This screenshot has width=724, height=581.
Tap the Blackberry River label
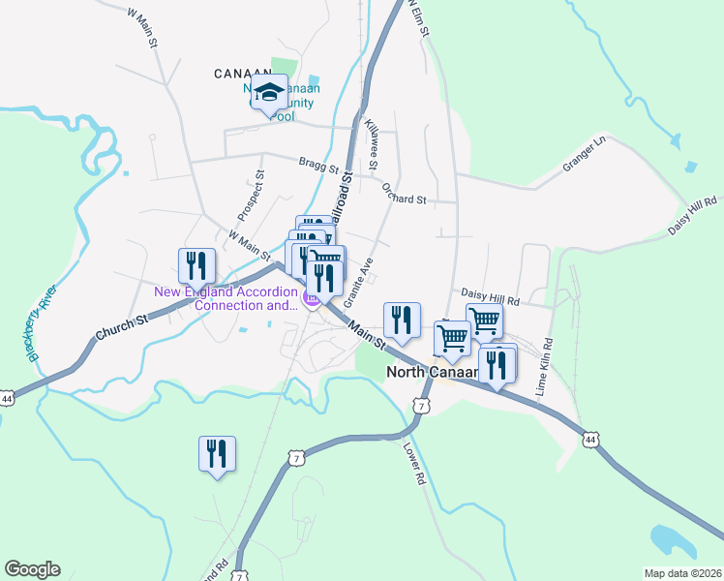pos(44,323)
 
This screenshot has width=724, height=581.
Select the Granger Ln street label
pos(585,155)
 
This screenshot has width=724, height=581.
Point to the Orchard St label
pos(404,193)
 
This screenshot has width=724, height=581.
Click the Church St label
pos(121,326)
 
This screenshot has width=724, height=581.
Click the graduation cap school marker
pos(269,93)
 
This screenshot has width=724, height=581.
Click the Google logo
pos(32,569)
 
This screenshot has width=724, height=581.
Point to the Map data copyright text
pos(683,573)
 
